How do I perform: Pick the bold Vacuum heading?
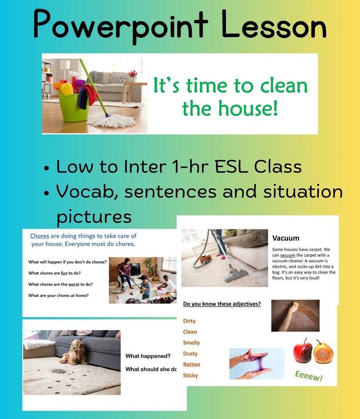pos(286,238)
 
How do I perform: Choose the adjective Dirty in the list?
pos(189,321)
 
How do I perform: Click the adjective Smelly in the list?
pos(191,343)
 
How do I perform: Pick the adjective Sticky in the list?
pos(190,376)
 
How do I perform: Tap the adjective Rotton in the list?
pos(191,365)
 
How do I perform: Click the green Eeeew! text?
pos(308,376)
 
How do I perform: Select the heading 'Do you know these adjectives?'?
pos(222,304)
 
